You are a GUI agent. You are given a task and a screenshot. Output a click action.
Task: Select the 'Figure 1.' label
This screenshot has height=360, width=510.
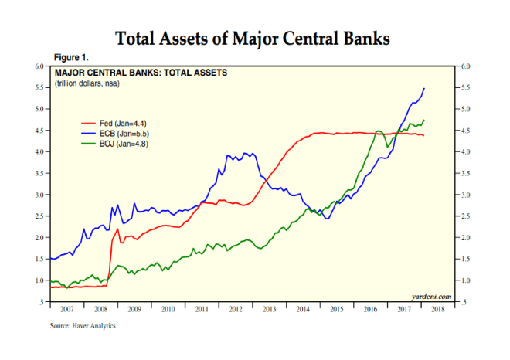71,58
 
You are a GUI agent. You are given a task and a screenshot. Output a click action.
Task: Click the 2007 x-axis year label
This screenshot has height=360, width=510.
66,310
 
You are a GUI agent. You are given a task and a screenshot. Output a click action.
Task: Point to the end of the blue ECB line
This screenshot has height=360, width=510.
424,89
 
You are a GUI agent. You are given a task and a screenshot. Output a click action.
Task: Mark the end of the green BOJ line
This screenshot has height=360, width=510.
424,120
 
